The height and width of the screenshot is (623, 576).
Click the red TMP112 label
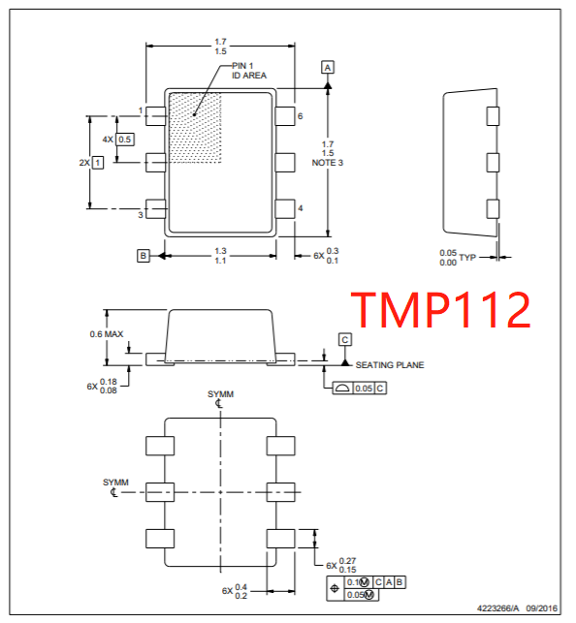point(440,310)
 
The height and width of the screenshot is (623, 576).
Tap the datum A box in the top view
point(328,67)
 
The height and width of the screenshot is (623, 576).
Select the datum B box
point(144,255)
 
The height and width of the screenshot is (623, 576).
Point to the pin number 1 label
point(140,111)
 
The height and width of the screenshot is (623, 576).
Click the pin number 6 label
point(301,116)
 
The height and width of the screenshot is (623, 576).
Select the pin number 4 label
point(301,208)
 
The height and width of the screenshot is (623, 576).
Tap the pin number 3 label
point(140,213)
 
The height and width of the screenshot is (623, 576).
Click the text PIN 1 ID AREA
point(248,70)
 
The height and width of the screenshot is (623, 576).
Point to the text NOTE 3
point(328,163)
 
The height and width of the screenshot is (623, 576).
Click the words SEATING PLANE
point(390,365)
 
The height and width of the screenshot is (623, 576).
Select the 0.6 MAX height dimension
point(107,334)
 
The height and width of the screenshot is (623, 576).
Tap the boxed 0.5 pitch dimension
point(125,140)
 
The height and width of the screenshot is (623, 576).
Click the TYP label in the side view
point(467,258)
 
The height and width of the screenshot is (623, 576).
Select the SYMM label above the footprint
point(220,394)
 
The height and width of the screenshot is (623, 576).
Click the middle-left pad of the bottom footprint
point(158,491)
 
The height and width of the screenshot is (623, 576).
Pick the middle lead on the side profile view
point(492,161)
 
